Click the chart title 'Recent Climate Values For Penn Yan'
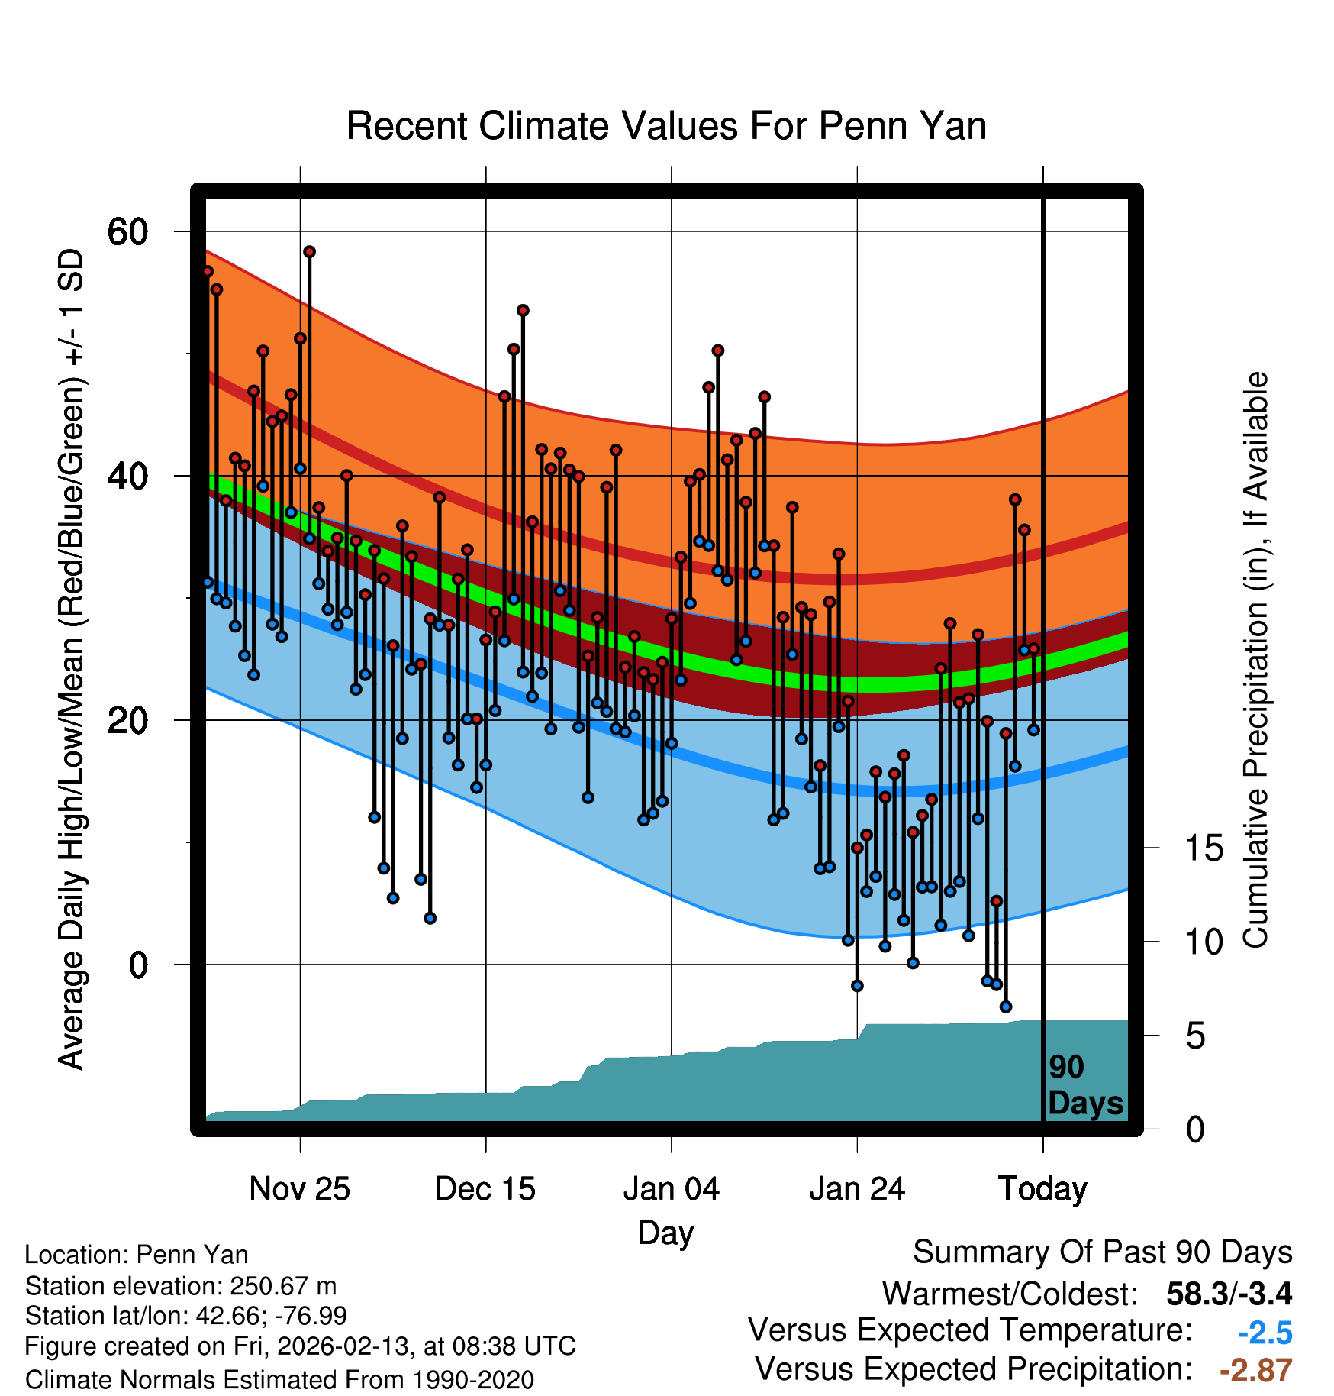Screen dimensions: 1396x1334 pyautogui.click(x=666, y=126)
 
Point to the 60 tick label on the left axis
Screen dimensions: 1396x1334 pyautogui.click(x=127, y=231)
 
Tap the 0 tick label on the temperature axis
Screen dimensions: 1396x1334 pyautogui.click(x=138, y=965)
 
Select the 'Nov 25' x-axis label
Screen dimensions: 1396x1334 pyautogui.click(x=299, y=1189)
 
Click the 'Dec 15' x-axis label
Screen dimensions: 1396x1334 pyautogui.click(x=485, y=1189)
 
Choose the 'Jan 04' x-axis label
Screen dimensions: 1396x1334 pyautogui.click(x=671, y=1189)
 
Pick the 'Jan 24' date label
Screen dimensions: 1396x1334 pyautogui.click(x=857, y=1189)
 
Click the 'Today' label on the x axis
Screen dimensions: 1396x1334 pyautogui.click(x=1042, y=1189)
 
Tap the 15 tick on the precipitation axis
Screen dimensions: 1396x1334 pyautogui.click(x=1203, y=848)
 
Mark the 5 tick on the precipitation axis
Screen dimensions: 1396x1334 pyautogui.click(x=1195, y=1036)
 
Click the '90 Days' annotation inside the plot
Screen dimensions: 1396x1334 pyautogui.click(x=1084, y=1085)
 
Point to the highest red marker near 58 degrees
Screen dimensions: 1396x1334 pyautogui.click(x=309, y=252)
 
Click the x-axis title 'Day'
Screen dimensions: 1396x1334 pyautogui.click(x=665, y=1233)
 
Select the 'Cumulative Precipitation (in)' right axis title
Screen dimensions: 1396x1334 pyautogui.click(x=1255, y=660)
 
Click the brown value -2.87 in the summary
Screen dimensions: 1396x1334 pyautogui.click(x=1255, y=1370)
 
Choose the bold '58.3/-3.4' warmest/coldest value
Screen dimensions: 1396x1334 pyautogui.click(x=1229, y=1294)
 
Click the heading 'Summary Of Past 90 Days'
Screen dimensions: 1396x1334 pyautogui.click(x=1102, y=1252)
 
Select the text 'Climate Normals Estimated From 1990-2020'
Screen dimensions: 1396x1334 pyautogui.click(x=279, y=1380)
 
